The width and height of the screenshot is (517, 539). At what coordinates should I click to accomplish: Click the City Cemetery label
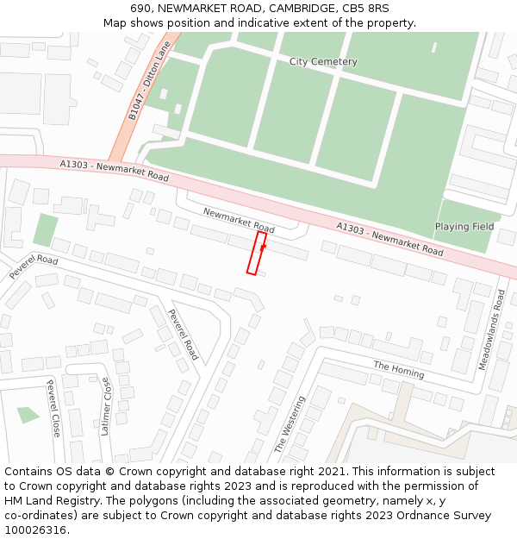[x=323, y=62]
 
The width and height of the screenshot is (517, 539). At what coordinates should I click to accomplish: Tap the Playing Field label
[x=464, y=227]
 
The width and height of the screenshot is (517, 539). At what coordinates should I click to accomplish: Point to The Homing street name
[x=398, y=370]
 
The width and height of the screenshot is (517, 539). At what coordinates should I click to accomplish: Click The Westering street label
[x=290, y=424]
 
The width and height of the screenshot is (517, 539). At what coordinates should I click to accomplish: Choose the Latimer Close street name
[x=106, y=405]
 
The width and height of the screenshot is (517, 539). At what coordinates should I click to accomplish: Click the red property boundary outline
[x=256, y=253]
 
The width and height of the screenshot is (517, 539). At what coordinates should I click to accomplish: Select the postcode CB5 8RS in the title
[x=366, y=9]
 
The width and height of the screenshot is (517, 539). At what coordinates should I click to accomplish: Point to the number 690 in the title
[x=142, y=9]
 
